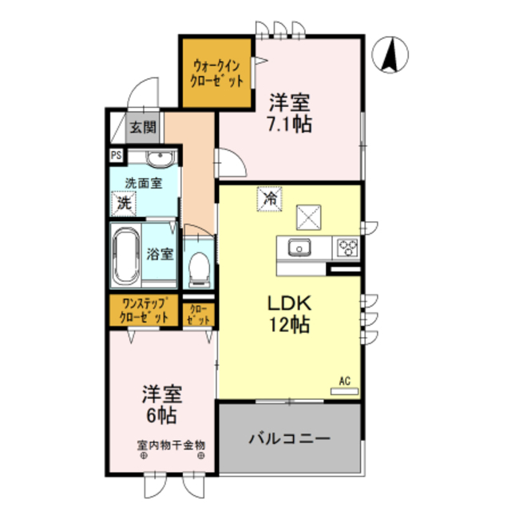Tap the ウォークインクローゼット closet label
tap(215, 72)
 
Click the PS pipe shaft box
tap(117, 156)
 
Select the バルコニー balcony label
tap(288, 438)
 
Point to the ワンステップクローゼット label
tap(145, 310)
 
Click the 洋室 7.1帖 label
tap(288, 113)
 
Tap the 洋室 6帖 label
tap(161, 405)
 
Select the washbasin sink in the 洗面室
tap(157, 158)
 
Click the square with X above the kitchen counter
tap(308, 216)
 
